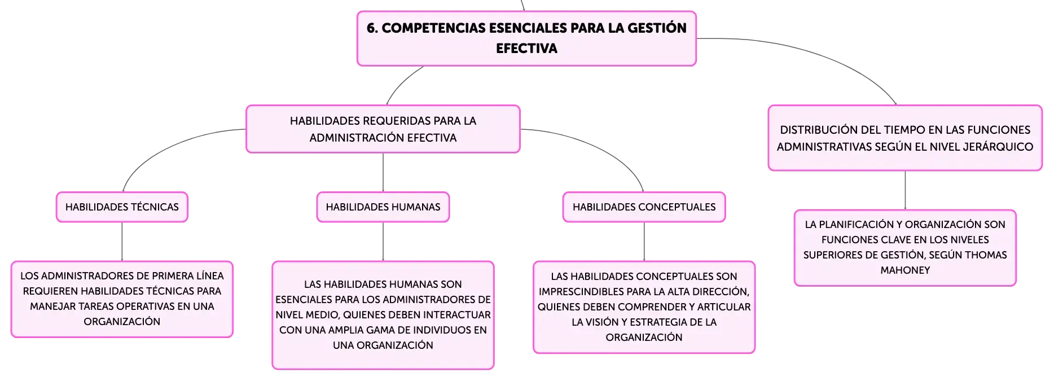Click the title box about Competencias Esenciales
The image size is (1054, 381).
[526, 38]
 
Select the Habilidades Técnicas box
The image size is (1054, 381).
[122, 207]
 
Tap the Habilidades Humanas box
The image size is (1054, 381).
[383, 207]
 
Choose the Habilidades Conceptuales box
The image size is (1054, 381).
[644, 207]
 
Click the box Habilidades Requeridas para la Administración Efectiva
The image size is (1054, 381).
[383, 129]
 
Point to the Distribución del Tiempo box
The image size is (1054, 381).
[905, 138]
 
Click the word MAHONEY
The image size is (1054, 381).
[905, 270]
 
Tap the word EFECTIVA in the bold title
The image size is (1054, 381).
[526, 49]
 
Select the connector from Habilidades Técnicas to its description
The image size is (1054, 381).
[122, 242]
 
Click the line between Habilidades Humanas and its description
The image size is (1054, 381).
[383, 242]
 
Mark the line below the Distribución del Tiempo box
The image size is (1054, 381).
[905, 190]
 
